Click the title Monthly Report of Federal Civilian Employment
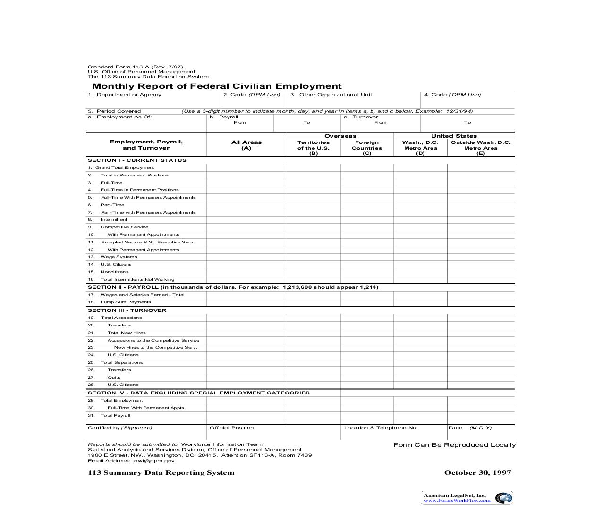click(217, 86)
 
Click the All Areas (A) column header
click(246, 145)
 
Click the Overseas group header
click(340, 136)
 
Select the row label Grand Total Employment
click(125, 167)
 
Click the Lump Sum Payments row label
click(126, 302)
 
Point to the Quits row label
click(114, 377)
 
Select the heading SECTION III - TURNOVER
click(127, 310)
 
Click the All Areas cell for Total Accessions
click(246, 318)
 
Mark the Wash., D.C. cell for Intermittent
click(420, 219)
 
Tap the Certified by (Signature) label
click(120, 428)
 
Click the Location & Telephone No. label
click(381, 428)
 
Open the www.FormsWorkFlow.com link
click(457, 500)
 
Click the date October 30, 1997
click(477, 472)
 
